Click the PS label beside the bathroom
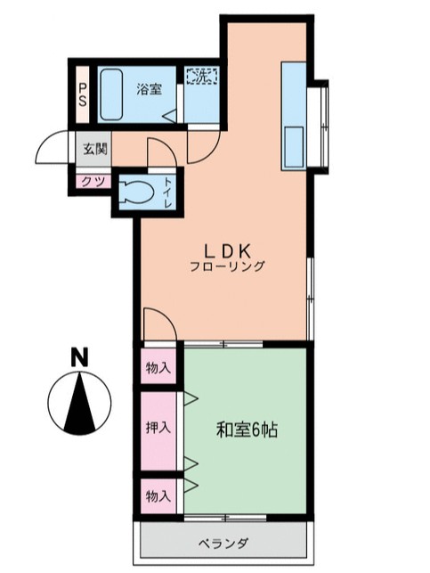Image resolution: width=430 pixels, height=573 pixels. (x=82, y=94)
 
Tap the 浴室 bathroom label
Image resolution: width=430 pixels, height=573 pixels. (x=149, y=89)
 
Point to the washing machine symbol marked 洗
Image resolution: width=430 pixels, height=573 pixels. (x=200, y=76)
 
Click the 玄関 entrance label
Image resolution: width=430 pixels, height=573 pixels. (x=95, y=149)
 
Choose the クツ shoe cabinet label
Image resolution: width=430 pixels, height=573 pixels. (x=91, y=181)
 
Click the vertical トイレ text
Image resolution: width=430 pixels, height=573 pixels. (x=167, y=192)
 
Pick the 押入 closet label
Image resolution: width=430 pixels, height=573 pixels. (x=158, y=427)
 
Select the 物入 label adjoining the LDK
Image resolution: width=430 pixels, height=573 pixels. (x=158, y=366)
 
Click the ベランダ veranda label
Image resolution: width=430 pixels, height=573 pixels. (x=223, y=543)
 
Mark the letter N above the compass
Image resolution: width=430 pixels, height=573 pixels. (x=80, y=356)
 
